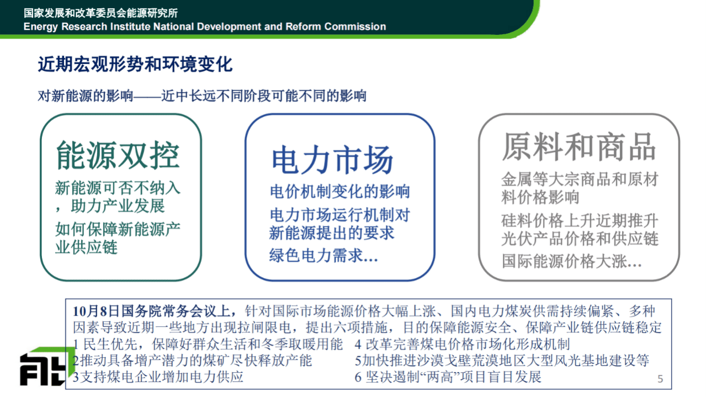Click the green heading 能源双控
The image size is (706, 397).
pyautogui.click(x=118, y=155)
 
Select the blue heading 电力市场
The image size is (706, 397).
pyautogui.click(x=332, y=159)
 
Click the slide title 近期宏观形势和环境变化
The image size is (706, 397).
pyautogui.click(x=135, y=65)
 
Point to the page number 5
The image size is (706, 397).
pyautogui.click(x=660, y=379)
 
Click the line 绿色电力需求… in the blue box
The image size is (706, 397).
pyautogui.click(x=323, y=256)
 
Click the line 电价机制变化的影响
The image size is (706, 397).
pyautogui.click(x=339, y=192)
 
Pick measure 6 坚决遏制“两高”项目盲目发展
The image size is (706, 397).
pyautogui.click(x=448, y=377)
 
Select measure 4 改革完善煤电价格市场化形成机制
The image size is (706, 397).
pyautogui.click(x=463, y=345)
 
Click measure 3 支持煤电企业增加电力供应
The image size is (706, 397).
pyautogui.click(x=158, y=377)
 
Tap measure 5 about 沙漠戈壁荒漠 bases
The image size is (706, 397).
pyautogui.click(x=502, y=361)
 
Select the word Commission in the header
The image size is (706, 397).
pyautogui.click(x=355, y=27)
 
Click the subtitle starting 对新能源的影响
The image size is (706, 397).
pyautogui.click(x=202, y=96)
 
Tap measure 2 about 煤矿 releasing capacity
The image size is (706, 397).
pyautogui.click(x=193, y=361)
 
